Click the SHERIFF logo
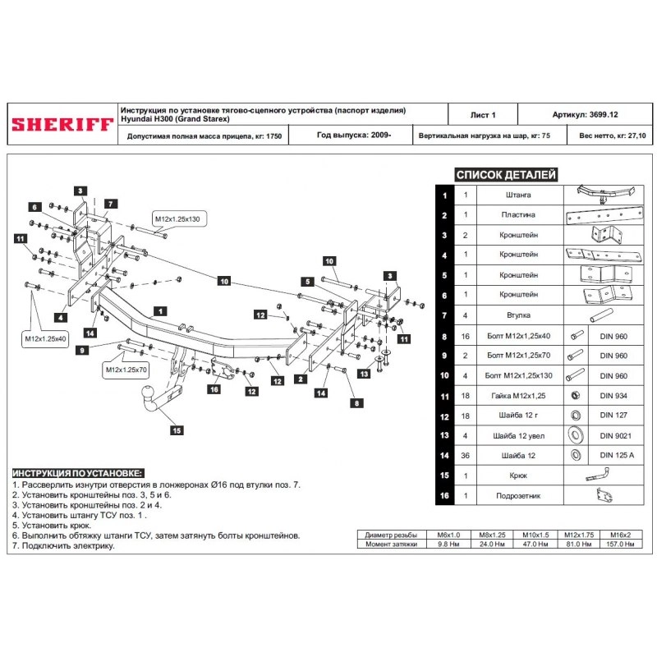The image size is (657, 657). tap(62, 123)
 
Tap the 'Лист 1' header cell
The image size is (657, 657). tap(482, 116)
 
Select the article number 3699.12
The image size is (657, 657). tap(585, 116)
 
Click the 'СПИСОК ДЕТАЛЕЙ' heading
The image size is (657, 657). tap(506, 175)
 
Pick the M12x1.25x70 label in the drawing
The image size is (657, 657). tap(126, 370)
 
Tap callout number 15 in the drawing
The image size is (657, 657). tap(175, 429)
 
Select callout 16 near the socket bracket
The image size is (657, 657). tap(213, 390)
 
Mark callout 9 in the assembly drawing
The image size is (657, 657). tap(82, 351)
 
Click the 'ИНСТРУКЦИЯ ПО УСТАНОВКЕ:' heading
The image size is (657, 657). tap(77, 474)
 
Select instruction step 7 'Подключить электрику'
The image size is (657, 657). tap(63, 545)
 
